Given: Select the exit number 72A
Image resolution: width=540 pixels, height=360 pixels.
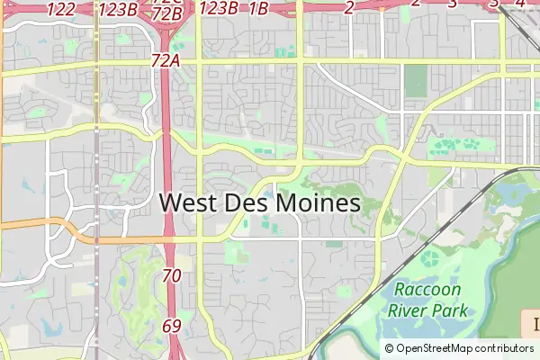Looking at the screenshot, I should [166, 60].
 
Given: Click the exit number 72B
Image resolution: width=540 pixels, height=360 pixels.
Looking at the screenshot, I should [167, 13].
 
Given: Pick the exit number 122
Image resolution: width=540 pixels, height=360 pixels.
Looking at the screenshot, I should [60, 9].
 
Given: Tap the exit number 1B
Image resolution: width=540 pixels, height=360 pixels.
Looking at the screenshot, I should [257, 9].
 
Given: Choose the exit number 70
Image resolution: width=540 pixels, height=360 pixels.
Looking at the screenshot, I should [172, 275].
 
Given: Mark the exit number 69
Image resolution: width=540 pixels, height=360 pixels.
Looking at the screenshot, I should [172, 325].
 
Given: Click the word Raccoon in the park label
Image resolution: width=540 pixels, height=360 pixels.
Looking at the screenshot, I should [428, 290].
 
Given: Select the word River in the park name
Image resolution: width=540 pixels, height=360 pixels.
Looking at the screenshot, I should [408, 310].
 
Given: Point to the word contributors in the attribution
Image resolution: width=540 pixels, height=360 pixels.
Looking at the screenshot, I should [502, 348].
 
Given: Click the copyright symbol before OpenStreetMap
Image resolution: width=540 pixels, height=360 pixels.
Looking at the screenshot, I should [389, 348].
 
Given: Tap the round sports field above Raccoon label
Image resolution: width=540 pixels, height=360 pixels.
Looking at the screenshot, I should [430, 260].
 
